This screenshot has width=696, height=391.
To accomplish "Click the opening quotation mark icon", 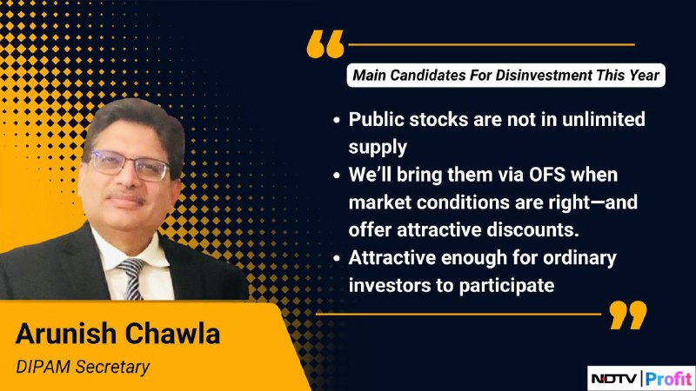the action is click(325, 44).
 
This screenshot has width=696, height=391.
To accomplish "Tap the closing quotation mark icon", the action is click(628, 315).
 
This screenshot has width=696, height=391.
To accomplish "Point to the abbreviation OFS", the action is click(547, 175).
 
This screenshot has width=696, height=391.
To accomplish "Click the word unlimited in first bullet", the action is click(604, 119).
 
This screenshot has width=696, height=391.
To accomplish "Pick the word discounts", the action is click(532, 230).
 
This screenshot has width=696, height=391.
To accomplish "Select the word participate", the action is click(506, 286).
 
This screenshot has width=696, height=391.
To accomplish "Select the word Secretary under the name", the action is click(112, 368).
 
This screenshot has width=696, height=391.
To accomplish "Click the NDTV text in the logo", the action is click(614, 379).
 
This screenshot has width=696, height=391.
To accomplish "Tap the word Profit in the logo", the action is click(668, 379).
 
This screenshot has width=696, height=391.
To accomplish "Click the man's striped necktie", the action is click(131, 278).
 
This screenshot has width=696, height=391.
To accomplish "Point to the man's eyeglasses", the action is click(129, 165).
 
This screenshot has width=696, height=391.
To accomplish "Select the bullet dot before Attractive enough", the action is click(337, 258).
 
